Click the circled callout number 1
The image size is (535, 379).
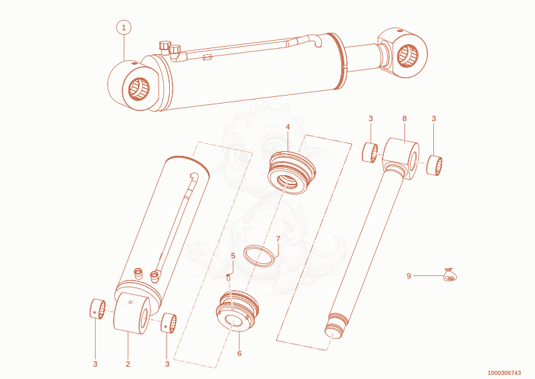[124, 27]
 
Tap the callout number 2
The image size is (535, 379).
[128, 364]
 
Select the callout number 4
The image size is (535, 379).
[288, 127]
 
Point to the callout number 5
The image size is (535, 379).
[233, 256]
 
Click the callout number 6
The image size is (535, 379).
[239, 354]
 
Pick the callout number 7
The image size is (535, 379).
[278, 239]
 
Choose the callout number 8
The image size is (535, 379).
[405, 119]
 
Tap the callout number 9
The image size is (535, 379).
[409, 275]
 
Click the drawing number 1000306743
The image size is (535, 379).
[504, 373]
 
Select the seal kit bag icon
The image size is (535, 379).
[449, 274]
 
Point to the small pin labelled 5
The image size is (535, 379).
[228, 277]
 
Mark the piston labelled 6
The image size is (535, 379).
[237, 311]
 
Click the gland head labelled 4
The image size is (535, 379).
[291, 173]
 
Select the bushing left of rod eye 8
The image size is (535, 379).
[370, 152]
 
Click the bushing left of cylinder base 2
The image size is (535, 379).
[98, 309]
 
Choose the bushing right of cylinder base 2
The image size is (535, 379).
[169, 322]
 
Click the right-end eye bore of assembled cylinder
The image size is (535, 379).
[408, 55]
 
